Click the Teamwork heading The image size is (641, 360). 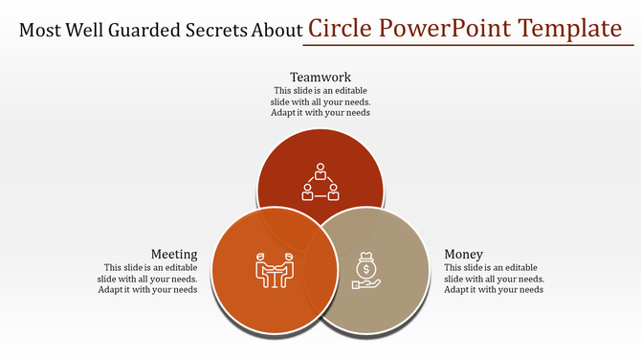click(320, 77)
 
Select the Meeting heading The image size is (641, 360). click(174, 254)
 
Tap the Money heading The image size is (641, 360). click(464, 254)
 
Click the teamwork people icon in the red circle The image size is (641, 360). click(320, 181)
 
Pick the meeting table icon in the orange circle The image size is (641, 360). click(274, 270)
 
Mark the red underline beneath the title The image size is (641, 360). click(469, 44)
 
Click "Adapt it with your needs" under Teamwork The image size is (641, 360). click(320, 112)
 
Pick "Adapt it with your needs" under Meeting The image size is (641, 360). click(148, 289)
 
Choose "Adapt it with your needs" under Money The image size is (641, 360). click(495, 289)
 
